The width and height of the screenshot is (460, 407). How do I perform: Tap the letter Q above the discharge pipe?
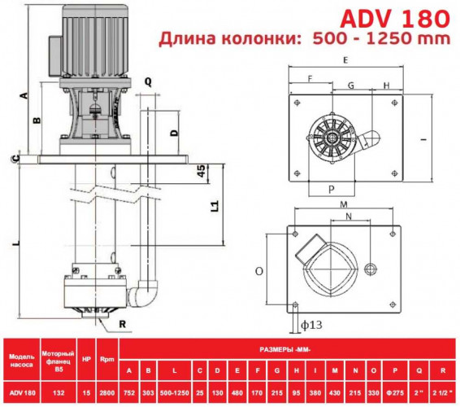[x=147, y=81]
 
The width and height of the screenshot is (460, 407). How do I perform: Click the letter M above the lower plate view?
[x=344, y=203]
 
